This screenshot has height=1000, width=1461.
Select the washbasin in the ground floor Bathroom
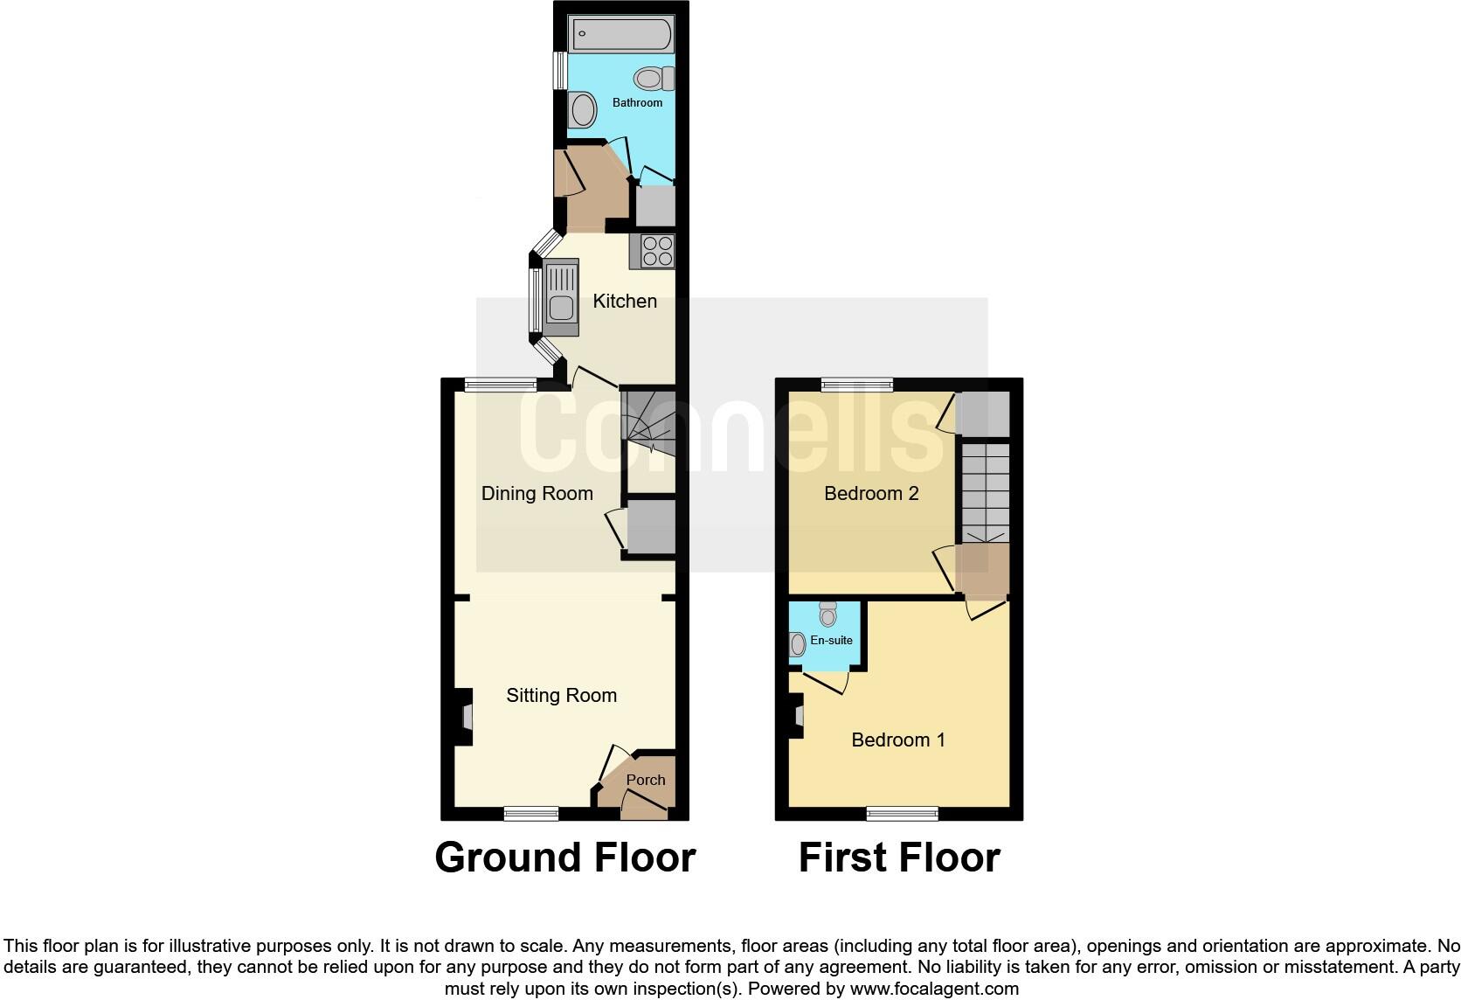pyautogui.click(x=582, y=111)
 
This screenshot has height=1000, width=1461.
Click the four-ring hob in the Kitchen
pyautogui.click(x=657, y=252)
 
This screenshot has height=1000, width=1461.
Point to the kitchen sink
pyautogui.click(x=560, y=299)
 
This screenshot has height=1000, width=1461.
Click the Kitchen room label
pyautogui.click(x=625, y=302)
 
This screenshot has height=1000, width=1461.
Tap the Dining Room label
pyautogui.click(x=537, y=494)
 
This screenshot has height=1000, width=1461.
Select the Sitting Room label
pyautogui.click(x=561, y=696)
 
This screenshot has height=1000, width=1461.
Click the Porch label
pyautogui.click(x=646, y=780)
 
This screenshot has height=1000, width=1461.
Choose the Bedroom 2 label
pyautogui.click(x=871, y=494)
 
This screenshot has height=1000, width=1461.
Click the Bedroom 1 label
pyautogui.click(x=898, y=740)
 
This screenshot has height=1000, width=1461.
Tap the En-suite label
pyautogui.click(x=831, y=641)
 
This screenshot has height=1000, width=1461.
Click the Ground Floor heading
pyautogui.click(x=564, y=858)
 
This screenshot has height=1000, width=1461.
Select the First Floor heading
pyautogui.click(x=899, y=858)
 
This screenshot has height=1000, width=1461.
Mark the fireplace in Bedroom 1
pyautogui.click(x=797, y=716)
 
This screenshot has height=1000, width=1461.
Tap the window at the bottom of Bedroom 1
pyautogui.click(x=903, y=814)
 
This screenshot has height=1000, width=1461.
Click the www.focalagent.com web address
pyautogui.click(x=934, y=990)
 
